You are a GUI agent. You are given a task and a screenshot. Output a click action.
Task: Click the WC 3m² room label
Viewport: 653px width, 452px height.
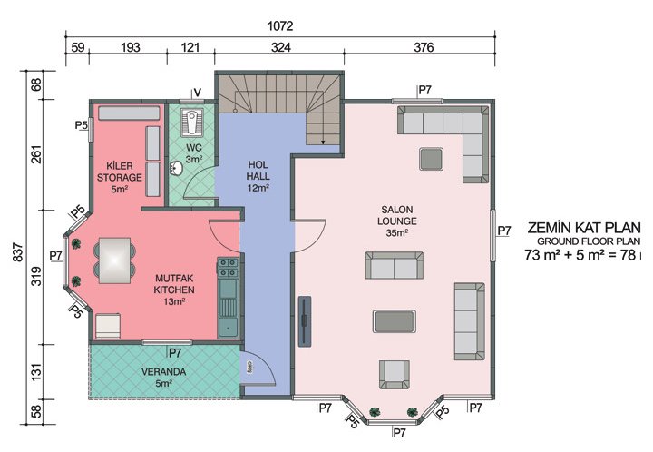pos(193,152)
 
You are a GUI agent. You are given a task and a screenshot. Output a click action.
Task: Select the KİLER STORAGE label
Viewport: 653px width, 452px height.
pos(118,177)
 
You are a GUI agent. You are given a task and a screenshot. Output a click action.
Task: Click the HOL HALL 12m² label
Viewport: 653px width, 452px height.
pos(259,176)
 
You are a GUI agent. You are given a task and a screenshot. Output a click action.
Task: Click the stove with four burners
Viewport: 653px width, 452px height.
pos(227,269)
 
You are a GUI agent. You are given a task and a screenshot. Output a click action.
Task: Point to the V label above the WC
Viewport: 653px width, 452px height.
pos(196,92)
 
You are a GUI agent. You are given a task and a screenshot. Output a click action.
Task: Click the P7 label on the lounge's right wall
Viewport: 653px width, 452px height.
pos(504,231)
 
